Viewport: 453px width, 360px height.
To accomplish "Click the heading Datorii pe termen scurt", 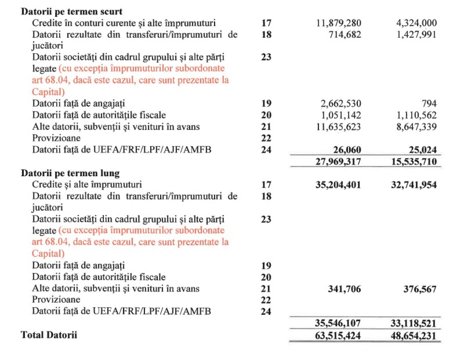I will [x=74, y=11].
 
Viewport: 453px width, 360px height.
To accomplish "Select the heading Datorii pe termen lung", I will [x=70, y=174].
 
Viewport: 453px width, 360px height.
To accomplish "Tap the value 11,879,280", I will [x=338, y=23].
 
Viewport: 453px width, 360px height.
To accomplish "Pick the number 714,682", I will [x=344, y=35].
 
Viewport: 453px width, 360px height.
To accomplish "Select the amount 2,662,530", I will [x=338, y=103].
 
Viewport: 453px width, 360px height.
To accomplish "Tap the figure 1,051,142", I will [x=338, y=115].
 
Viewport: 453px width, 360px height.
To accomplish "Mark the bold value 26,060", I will [x=346, y=150].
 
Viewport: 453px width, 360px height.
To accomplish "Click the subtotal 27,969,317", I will [x=338, y=162].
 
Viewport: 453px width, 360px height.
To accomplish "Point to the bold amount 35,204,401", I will [x=338, y=185].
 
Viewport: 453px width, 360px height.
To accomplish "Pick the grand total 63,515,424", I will [x=338, y=335].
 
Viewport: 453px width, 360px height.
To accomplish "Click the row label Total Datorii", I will [x=49, y=335].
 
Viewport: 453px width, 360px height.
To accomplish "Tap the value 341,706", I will [x=344, y=289].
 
